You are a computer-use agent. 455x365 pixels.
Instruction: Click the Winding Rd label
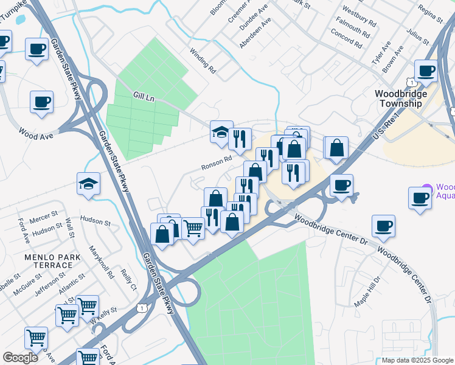pos(203,60)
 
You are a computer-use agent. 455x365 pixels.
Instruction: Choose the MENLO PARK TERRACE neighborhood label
pos(49,262)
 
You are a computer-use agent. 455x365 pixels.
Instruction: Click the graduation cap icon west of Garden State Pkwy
pos(88,184)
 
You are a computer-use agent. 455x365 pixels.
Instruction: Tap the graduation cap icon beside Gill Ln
pos(221,131)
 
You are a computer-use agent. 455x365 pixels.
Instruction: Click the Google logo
pos(20,358)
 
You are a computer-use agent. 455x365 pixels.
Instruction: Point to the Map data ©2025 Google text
pos(417,360)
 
